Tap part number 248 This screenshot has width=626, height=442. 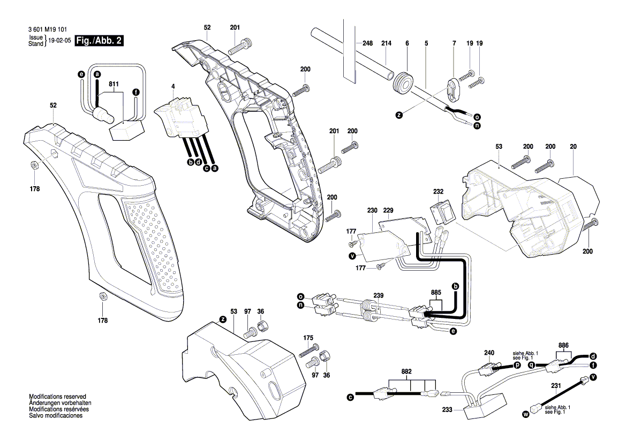367,43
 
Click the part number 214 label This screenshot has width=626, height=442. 386,43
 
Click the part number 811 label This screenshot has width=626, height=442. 114,84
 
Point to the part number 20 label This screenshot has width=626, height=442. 574,146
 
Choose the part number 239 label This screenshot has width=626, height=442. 379,295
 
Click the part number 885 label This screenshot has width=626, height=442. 436,292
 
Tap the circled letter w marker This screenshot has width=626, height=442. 525,414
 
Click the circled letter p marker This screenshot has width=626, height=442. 517,365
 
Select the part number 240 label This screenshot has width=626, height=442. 488,353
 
